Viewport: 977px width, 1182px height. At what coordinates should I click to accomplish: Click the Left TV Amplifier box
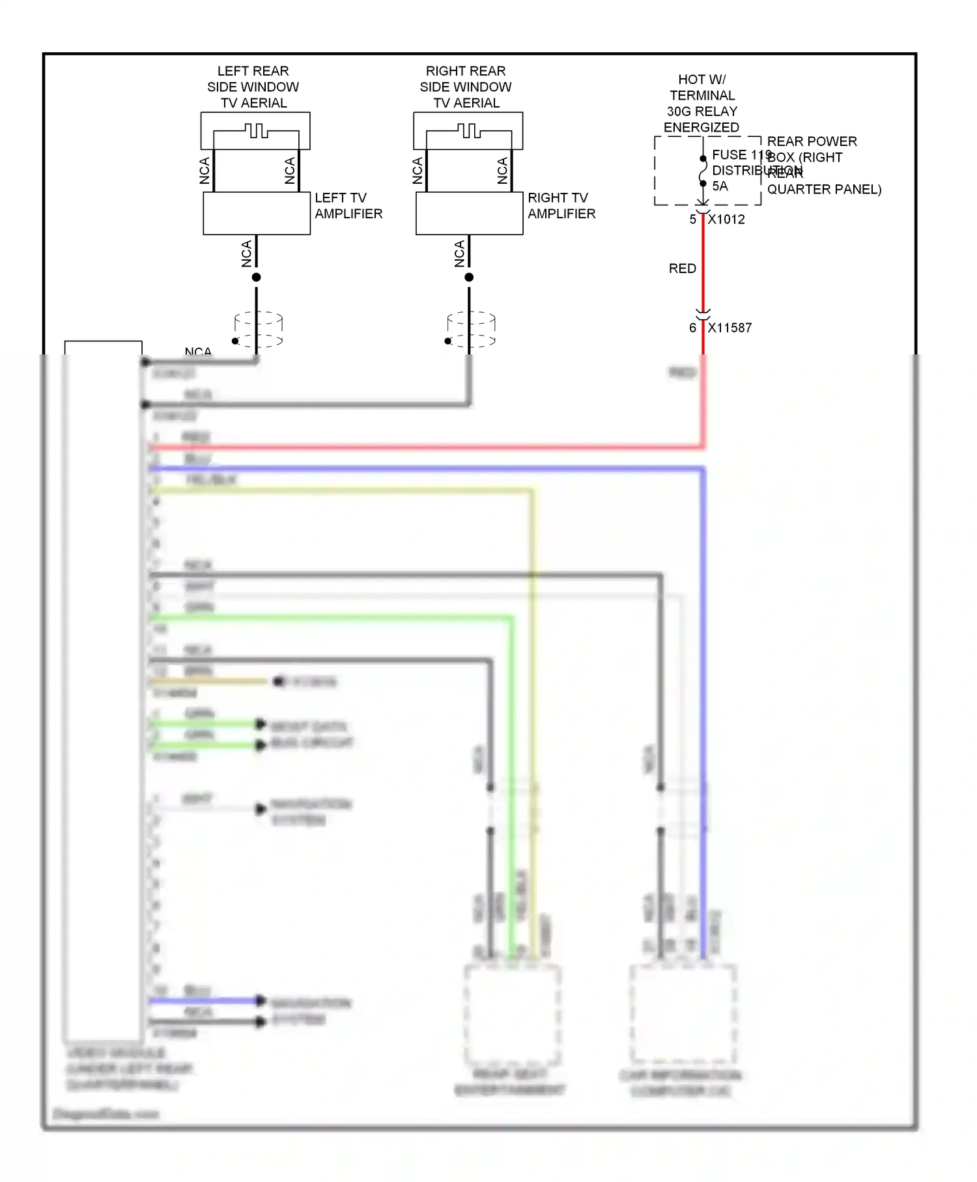pos(257,213)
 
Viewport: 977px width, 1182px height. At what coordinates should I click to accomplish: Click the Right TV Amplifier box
pos(469,213)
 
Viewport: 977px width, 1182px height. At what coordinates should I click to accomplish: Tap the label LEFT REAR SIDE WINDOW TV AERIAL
pos(253,87)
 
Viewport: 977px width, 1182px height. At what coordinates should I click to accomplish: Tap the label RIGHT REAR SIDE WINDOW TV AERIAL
pos(466,87)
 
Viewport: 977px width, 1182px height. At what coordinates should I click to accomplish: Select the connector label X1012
pos(727,220)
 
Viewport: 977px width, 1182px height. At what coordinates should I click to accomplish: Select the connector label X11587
pos(730,328)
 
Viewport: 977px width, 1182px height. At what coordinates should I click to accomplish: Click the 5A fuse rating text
pos(720,186)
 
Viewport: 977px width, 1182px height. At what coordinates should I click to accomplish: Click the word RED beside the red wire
pos(683,268)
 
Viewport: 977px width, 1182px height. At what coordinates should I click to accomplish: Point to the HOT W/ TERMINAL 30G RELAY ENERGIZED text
pos(701,103)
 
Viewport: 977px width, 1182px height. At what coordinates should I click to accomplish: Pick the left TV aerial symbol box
pos(255,131)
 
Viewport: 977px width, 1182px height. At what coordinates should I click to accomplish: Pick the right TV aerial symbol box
pos(468,131)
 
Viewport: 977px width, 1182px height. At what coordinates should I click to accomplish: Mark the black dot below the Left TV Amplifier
pos(257,278)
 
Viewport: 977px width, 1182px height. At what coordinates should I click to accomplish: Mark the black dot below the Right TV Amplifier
pos(469,278)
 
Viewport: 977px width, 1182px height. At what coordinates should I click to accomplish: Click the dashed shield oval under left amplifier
pos(259,329)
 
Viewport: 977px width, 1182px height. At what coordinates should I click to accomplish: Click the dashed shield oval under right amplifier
pos(472,329)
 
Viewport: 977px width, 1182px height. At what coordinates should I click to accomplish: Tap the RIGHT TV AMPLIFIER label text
pos(561,206)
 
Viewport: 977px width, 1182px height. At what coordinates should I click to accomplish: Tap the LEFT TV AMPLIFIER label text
pos(348,206)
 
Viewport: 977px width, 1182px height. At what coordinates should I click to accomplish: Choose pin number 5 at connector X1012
pos(693,220)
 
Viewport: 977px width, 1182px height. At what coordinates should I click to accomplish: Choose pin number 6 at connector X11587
pos(693,328)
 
